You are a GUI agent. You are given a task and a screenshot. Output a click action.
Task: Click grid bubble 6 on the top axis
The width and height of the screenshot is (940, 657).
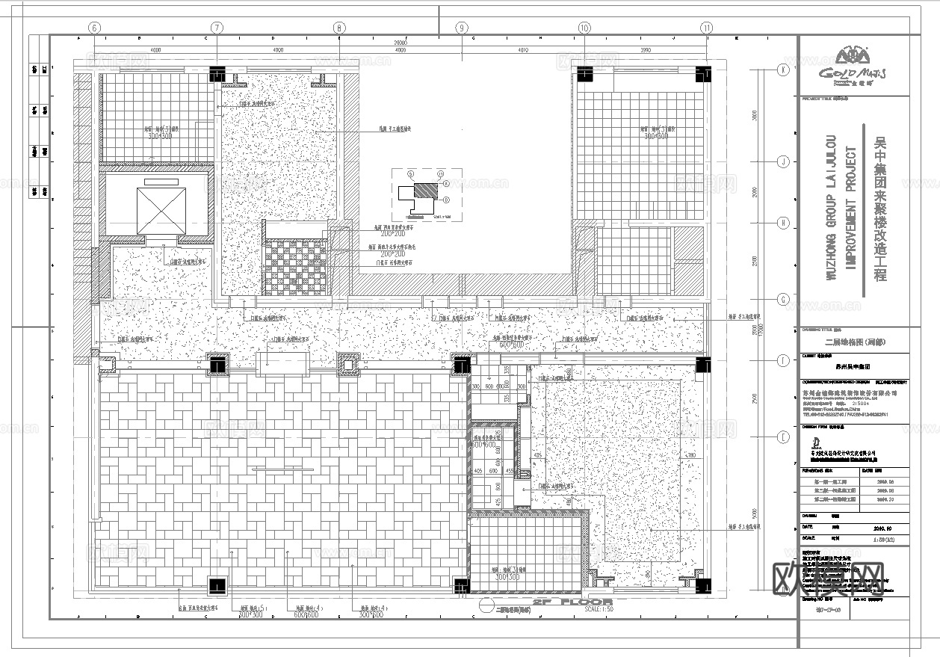click(94, 28)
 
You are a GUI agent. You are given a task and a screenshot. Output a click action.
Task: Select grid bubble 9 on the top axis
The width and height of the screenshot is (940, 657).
click(462, 28)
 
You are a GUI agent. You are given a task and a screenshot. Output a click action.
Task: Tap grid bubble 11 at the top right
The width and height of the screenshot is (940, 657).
click(707, 28)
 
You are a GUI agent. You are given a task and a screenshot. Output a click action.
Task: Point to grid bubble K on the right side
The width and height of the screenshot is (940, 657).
click(783, 70)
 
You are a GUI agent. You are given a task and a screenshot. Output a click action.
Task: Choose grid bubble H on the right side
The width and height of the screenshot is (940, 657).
click(783, 223)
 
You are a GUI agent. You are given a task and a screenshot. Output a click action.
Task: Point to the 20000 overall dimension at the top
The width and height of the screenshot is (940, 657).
click(401, 43)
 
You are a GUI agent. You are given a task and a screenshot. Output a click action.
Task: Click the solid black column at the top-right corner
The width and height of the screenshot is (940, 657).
click(704, 74)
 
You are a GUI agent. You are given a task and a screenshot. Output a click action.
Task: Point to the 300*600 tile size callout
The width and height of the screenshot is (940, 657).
click(371, 616)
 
